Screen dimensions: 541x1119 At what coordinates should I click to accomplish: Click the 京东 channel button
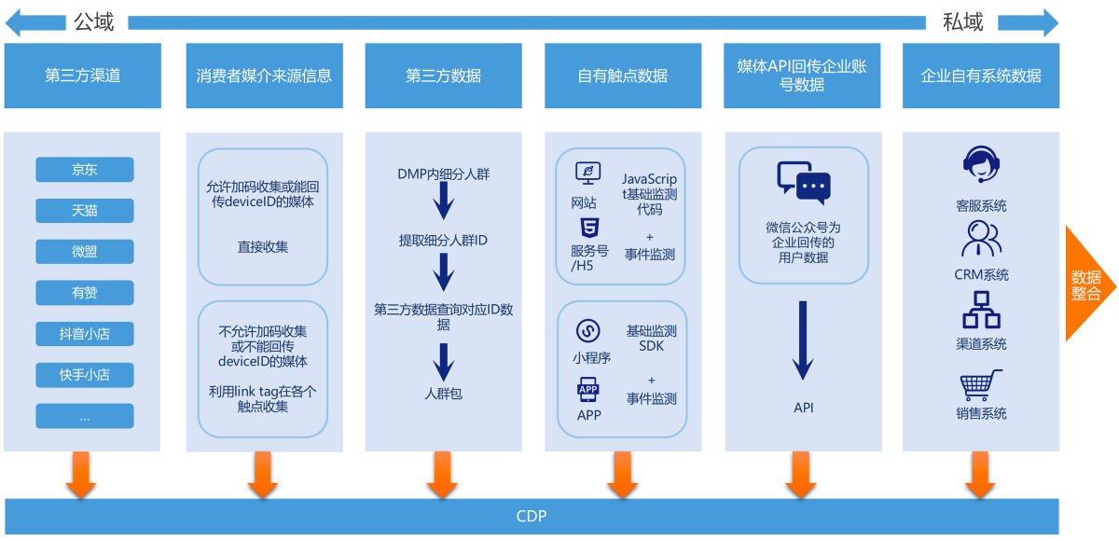point(84,170)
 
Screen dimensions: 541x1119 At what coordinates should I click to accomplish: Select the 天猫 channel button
point(84,211)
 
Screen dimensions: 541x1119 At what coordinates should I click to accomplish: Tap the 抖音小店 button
point(84,334)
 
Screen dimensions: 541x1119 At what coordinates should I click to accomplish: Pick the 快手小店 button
point(84,375)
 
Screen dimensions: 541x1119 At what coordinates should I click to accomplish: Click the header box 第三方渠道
point(82,76)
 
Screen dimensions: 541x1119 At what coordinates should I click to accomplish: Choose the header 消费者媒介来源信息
point(264,76)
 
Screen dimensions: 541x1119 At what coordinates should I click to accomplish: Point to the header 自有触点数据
point(622,76)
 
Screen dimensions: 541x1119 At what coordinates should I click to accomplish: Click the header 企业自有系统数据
point(981,76)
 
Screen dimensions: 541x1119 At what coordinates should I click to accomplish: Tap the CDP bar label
point(532,516)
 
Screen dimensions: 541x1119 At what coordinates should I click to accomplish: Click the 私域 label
point(962,21)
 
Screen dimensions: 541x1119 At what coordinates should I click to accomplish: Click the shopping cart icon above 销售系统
point(981,384)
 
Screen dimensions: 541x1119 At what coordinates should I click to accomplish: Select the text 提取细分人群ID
point(443,241)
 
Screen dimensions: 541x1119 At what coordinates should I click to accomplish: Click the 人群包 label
point(443,394)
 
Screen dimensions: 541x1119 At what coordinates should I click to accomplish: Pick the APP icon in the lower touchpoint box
point(588,390)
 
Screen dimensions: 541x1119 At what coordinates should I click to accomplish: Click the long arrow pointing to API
point(803,340)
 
